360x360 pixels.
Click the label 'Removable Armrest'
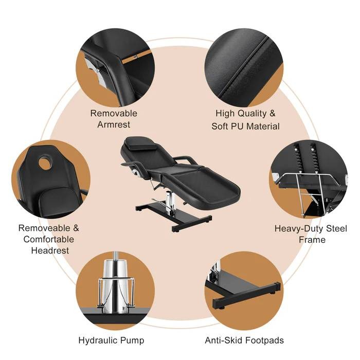pos(114,119)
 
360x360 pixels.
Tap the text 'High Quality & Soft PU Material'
pos(245,120)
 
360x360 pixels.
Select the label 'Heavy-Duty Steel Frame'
pos(311,234)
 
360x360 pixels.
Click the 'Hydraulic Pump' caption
pos(111,340)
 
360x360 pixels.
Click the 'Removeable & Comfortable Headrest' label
pos(49,239)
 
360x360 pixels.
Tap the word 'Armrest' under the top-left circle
pos(114,124)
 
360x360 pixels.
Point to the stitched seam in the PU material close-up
pos(247,67)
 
